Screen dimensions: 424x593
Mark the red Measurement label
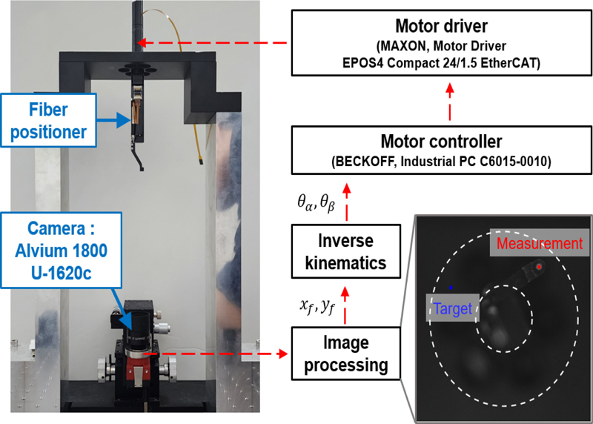tap(540, 244)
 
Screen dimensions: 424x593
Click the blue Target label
tap(453, 308)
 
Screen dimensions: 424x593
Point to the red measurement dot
tap(540, 267)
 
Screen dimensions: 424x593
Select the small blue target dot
tap(450, 285)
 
